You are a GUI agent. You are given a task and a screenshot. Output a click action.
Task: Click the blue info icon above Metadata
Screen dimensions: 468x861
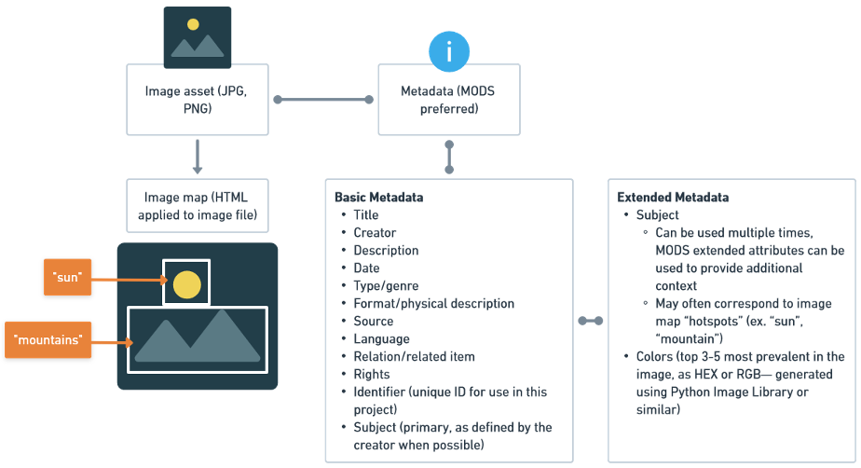pyautogui.click(x=449, y=51)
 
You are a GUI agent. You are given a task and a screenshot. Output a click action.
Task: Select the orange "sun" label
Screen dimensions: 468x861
pyautogui.click(x=68, y=277)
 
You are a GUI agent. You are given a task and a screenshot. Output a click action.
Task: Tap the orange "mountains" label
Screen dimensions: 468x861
pyautogui.click(x=48, y=340)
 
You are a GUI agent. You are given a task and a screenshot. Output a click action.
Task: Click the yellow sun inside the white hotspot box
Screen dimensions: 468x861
pyautogui.click(x=187, y=283)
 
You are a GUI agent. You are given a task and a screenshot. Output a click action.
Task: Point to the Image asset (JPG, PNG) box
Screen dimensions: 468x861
pyautogui.click(x=197, y=99)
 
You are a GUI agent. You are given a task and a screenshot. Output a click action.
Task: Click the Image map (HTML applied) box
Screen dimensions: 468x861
pyautogui.click(x=197, y=206)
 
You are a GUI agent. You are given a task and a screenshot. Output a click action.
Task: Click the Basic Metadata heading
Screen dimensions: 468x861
pyautogui.click(x=378, y=198)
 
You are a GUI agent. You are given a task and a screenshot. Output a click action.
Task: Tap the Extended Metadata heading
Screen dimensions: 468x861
pyautogui.click(x=673, y=198)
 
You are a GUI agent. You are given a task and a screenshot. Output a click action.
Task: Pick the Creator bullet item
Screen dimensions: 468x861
pyautogui.click(x=375, y=233)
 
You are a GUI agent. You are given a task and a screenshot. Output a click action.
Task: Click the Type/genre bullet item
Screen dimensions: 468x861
pyautogui.click(x=386, y=286)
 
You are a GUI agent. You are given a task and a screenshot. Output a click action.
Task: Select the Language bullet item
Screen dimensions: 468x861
pyautogui.click(x=381, y=339)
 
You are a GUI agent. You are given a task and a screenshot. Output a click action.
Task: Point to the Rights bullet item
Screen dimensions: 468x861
pyautogui.click(x=371, y=375)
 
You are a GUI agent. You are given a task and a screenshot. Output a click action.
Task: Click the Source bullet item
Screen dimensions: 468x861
pyautogui.click(x=373, y=322)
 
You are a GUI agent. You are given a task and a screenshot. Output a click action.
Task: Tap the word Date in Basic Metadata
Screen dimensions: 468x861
pyautogui.click(x=366, y=268)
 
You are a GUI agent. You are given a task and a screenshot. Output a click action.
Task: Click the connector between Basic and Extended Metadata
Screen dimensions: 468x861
pyautogui.click(x=590, y=321)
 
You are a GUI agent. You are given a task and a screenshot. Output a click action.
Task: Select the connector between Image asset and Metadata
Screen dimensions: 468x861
pyautogui.click(x=322, y=99)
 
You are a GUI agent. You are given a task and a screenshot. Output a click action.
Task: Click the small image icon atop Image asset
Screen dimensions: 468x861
pyautogui.click(x=197, y=37)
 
